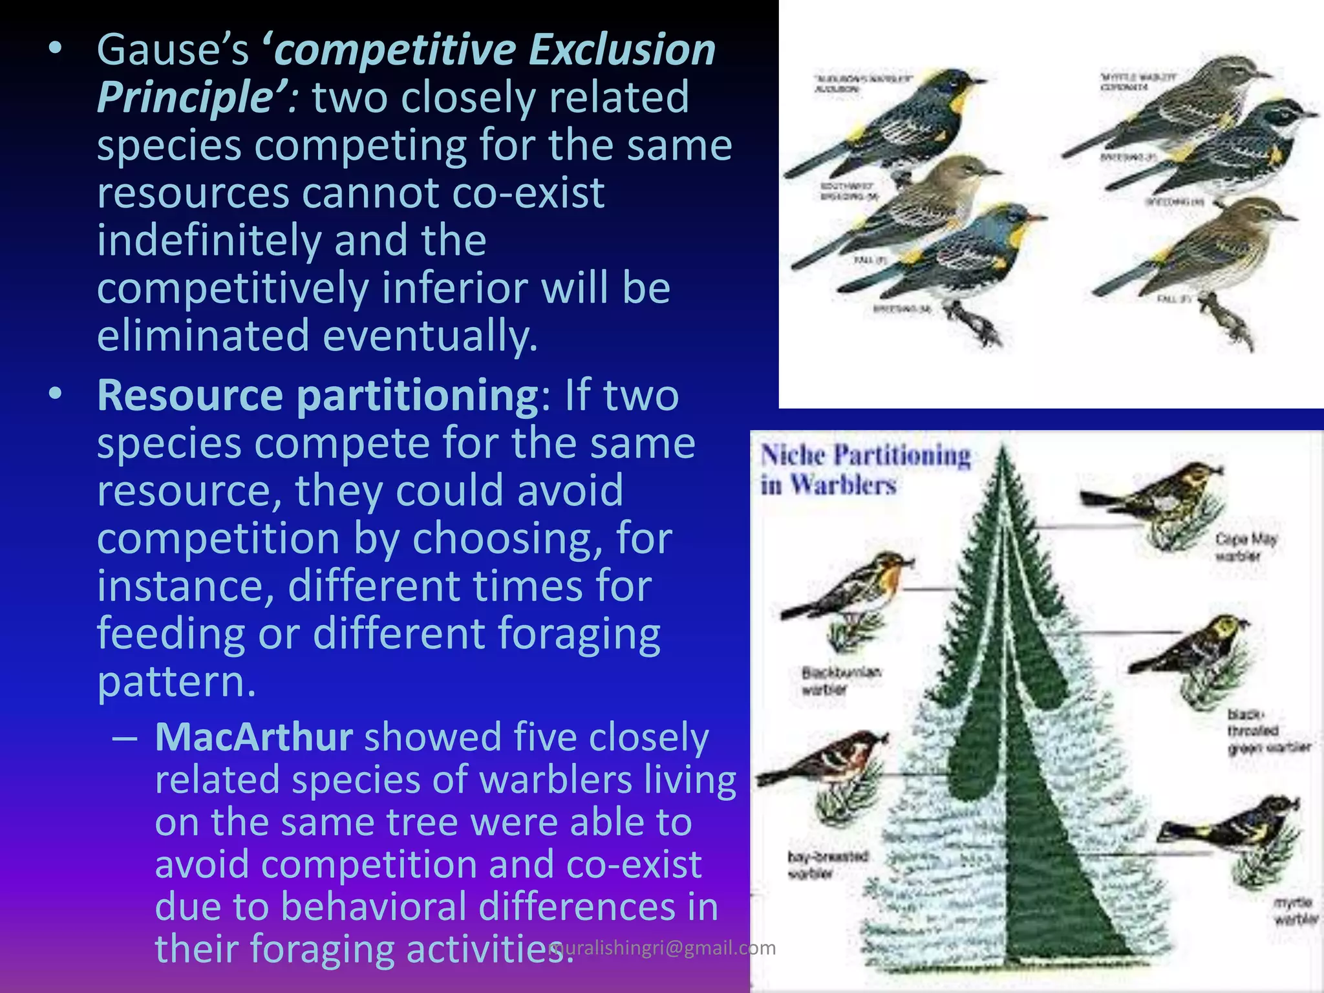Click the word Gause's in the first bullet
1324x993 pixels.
[172, 50]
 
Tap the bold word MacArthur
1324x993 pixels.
[253, 737]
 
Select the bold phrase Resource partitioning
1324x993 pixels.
[317, 395]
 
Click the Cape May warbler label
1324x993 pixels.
[1245, 547]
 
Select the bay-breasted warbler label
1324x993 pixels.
[827, 865]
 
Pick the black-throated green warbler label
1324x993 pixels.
[1267, 731]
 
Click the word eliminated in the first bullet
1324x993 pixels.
[203, 336]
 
